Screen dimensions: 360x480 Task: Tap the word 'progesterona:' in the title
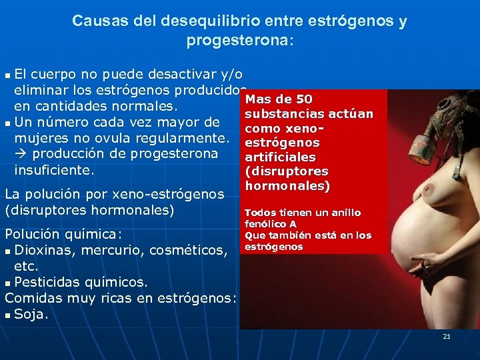239,41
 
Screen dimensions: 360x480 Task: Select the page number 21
447,337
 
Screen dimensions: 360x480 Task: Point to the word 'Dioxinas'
43,250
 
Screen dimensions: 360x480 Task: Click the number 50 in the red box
309,100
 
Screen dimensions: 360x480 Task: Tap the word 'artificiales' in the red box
280,157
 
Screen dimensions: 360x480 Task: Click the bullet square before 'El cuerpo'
7,74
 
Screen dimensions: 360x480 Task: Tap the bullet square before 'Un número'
7,123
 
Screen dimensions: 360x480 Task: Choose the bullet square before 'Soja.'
7,315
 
